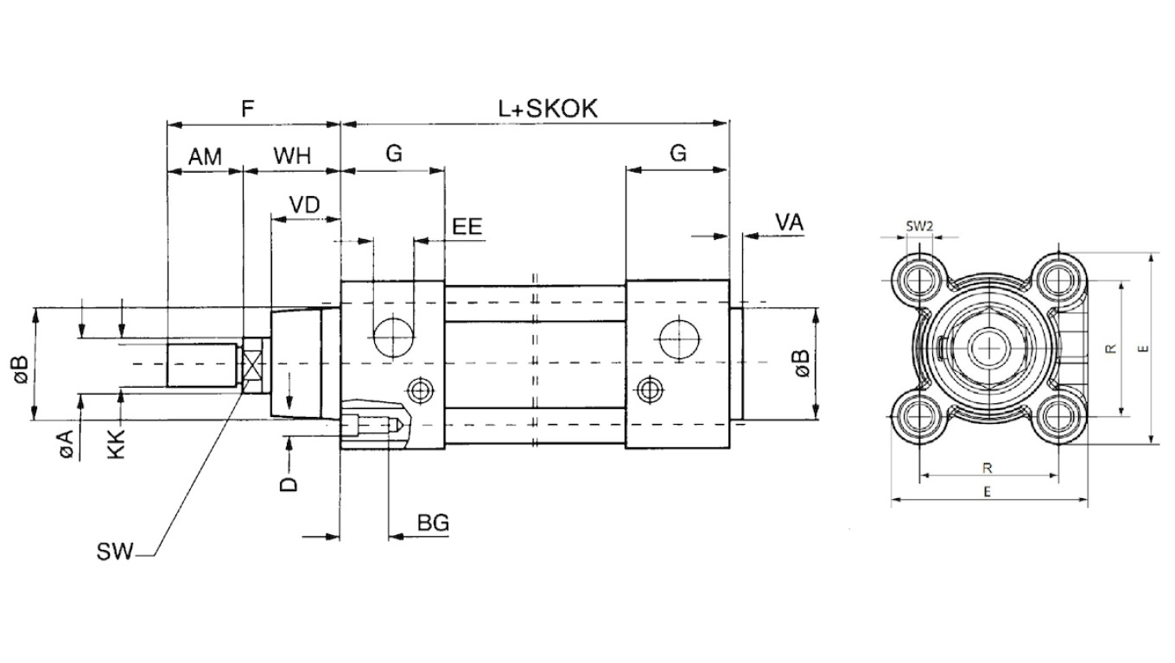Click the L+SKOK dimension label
coord(548,109)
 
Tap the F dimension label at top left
coord(248,109)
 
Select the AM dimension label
coord(205,157)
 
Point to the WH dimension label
coord(292,155)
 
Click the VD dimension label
coord(305,205)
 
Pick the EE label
coord(467,226)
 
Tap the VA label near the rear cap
coord(790,223)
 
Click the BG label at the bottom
coord(434,522)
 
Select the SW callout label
coord(114,552)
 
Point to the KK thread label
coord(117,445)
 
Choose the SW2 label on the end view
coord(919,226)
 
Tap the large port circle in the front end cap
coord(393,338)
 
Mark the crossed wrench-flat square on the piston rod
coord(252,365)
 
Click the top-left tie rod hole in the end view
coord(919,280)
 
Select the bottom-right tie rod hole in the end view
coord(1058,417)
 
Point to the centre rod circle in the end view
coord(988,348)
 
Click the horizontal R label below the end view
coord(988,468)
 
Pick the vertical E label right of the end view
coord(1145,349)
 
